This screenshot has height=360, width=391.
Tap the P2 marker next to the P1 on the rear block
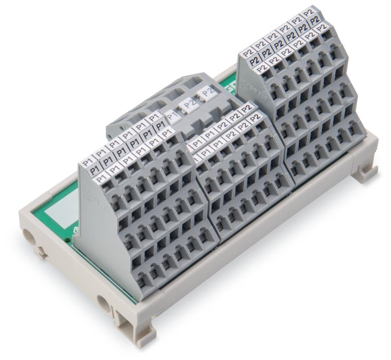(190, 103)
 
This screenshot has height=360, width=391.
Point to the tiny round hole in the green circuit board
(68, 240)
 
